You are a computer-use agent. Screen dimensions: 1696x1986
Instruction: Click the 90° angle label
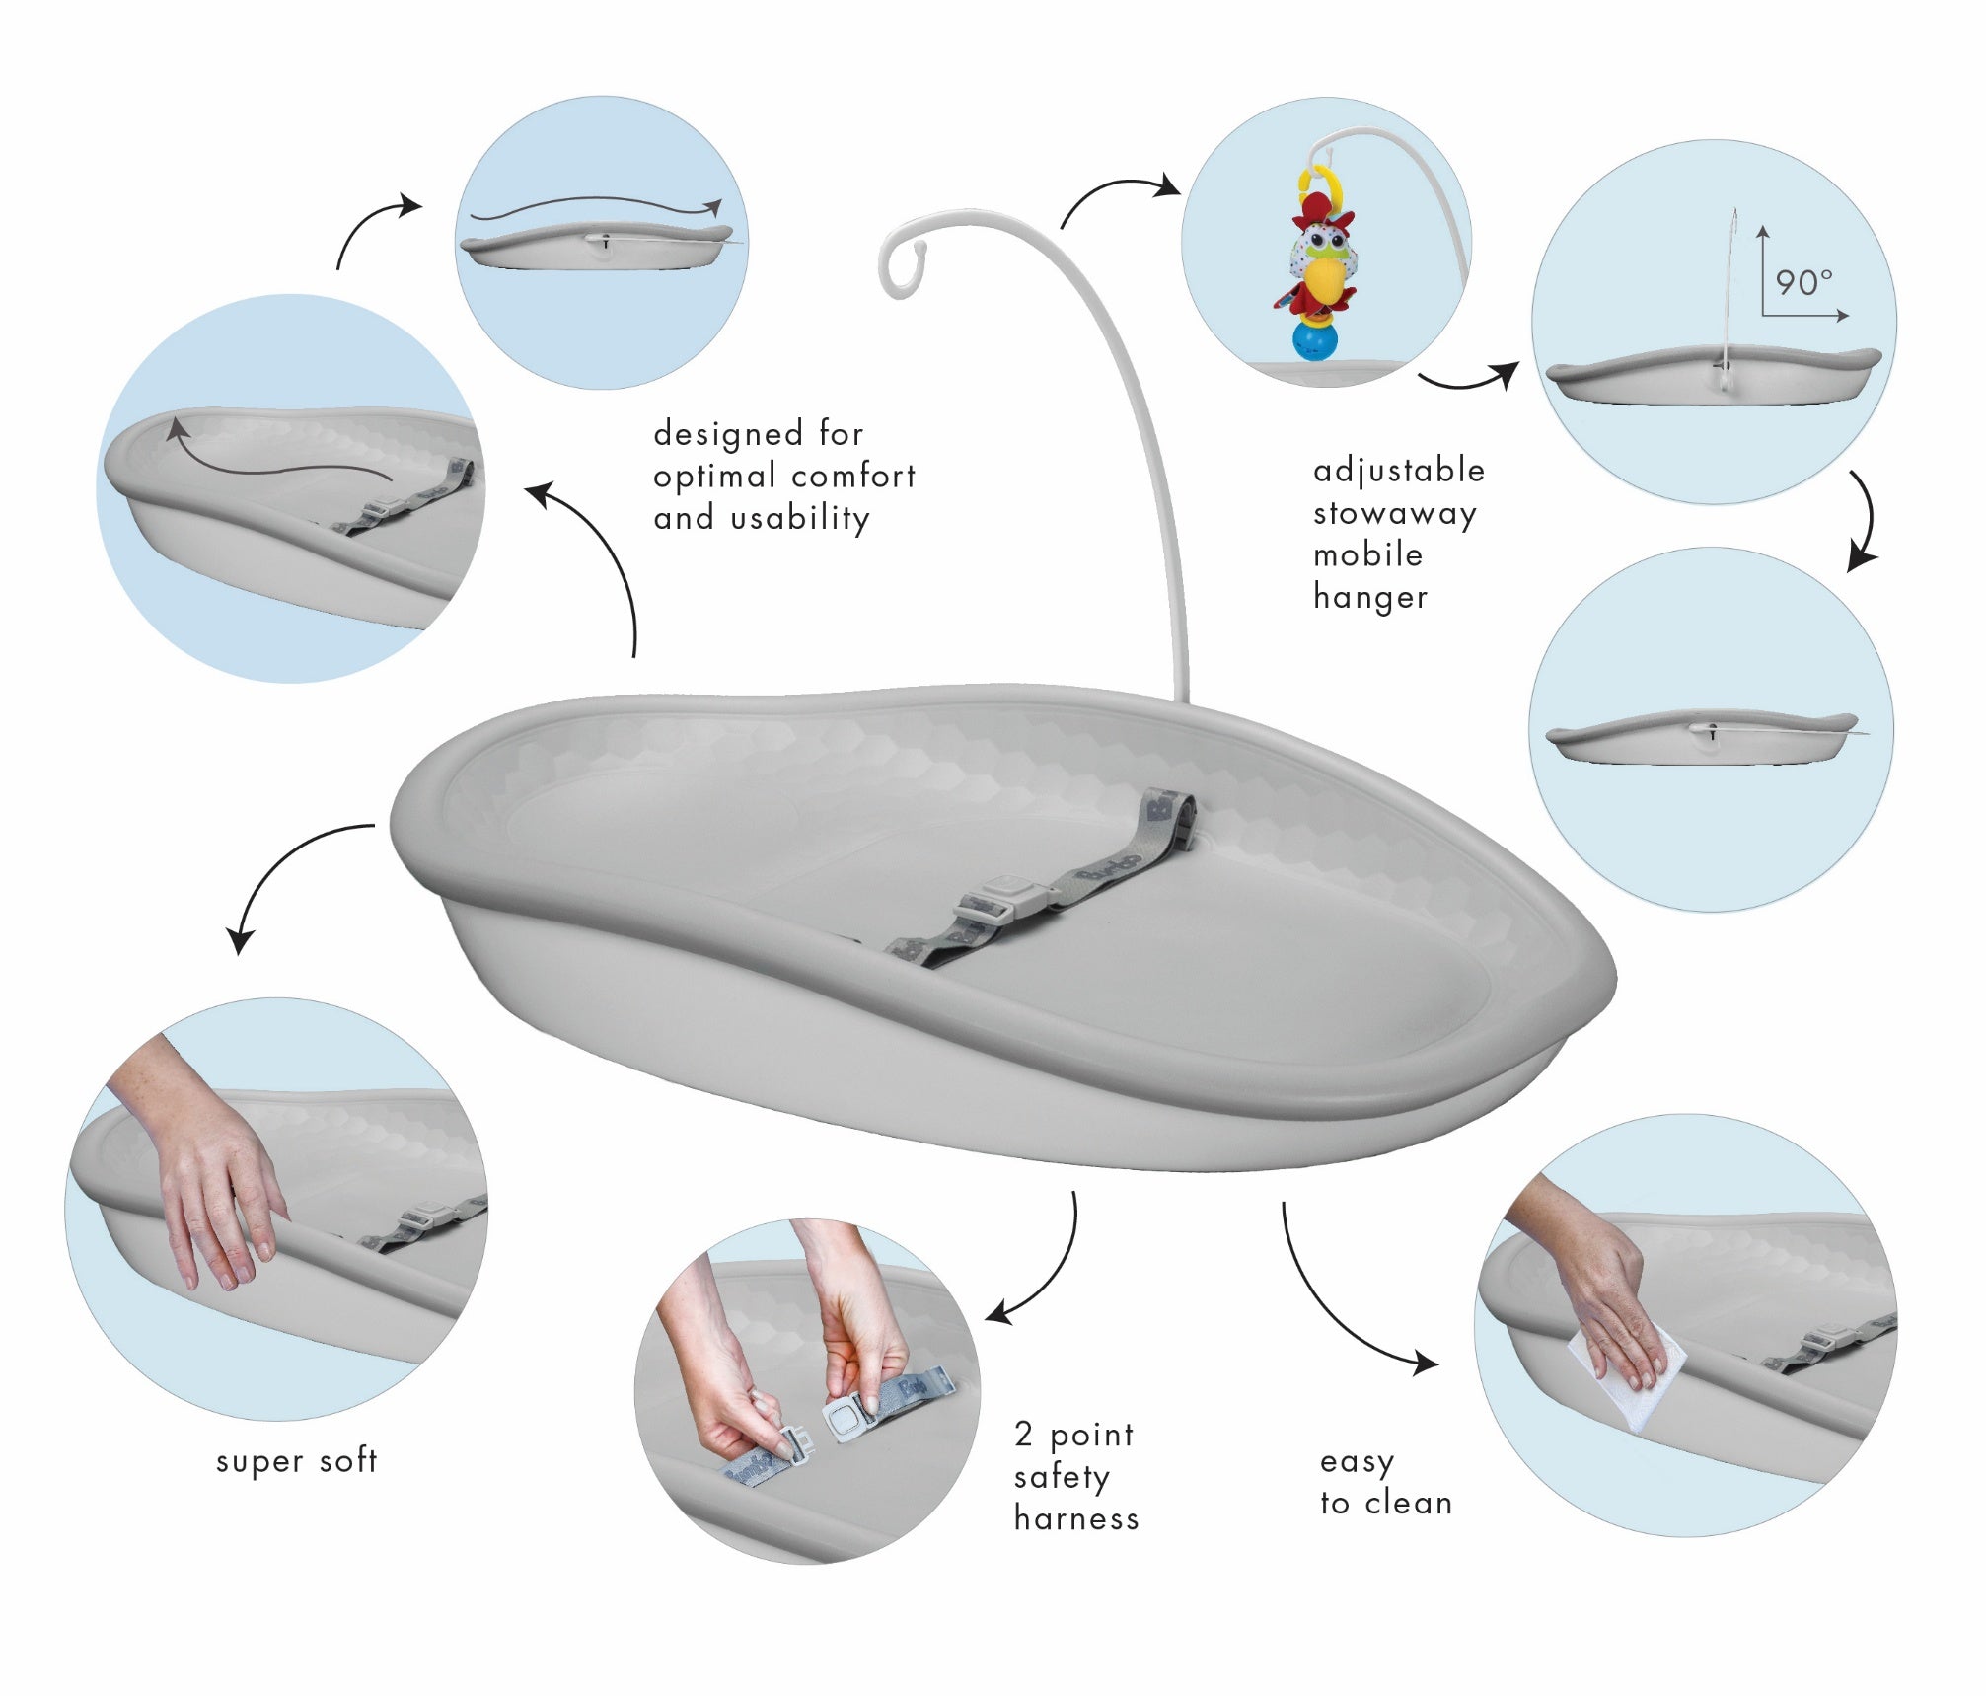pos(1803,283)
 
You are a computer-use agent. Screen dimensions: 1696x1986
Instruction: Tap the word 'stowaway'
pos(1394,513)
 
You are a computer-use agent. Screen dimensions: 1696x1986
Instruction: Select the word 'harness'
pos(1076,1518)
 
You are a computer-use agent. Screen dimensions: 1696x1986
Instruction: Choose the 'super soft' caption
pos(296,1461)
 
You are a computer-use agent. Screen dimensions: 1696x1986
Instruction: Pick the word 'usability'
pos(800,518)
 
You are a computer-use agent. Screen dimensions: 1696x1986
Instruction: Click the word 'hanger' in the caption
pos(1370,597)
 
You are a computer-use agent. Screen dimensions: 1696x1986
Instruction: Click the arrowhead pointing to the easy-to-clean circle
pos(1427,1364)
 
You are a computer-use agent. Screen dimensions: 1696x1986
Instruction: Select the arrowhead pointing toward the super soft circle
pos(239,942)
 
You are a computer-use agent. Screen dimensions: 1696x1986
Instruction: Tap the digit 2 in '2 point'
pos(1023,1435)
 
